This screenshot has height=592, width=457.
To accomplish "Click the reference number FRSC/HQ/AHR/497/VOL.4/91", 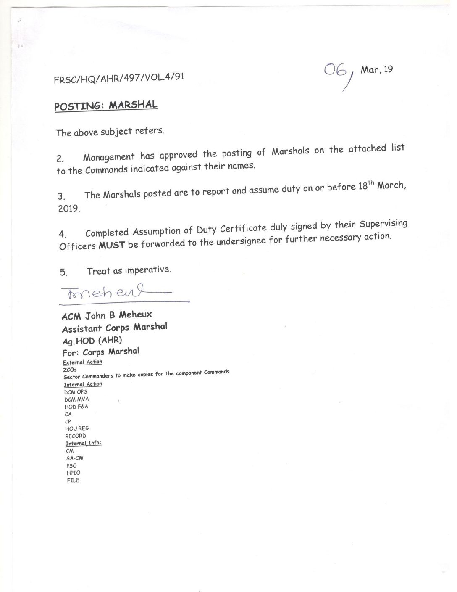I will click(x=119, y=78).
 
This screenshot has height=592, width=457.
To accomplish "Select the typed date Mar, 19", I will click(x=377, y=69).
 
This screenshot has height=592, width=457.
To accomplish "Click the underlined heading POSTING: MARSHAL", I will click(x=106, y=105).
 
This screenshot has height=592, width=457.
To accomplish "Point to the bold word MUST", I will click(x=112, y=245).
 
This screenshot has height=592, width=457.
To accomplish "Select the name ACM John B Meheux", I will click(x=107, y=315).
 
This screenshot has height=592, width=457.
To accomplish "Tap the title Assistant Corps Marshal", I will click(x=114, y=328).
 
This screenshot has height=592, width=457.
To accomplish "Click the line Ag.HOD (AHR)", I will click(x=92, y=340).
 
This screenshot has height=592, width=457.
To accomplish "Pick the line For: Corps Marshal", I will click(x=100, y=352).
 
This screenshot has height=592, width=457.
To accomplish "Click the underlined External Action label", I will click(x=82, y=362).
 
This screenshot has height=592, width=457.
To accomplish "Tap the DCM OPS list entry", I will click(x=76, y=392).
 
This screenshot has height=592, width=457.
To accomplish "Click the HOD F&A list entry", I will click(x=76, y=407).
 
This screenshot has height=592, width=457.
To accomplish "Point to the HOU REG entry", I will click(x=77, y=428).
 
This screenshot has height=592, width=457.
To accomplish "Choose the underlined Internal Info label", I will click(x=83, y=443).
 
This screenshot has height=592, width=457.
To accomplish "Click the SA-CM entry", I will click(x=74, y=458).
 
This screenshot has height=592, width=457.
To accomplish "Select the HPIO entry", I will click(x=73, y=473).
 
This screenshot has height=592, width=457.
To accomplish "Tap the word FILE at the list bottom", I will click(x=73, y=480).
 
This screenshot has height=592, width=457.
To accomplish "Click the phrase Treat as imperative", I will click(x=129, y=270).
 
